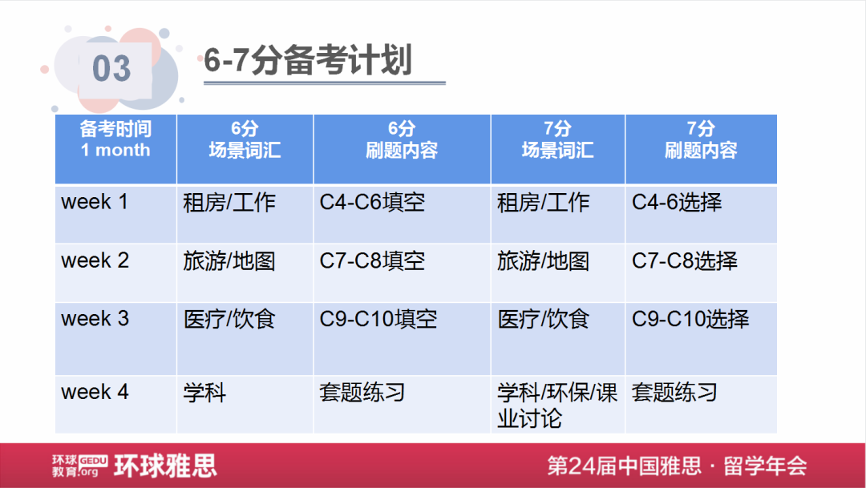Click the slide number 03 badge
point(111,69)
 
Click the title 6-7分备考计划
point(307,62)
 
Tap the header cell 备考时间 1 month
point(115,139)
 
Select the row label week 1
point(95,202)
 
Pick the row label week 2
point(95,260)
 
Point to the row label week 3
point(95,318)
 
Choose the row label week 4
point(95,392)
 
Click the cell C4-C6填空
point(372,202)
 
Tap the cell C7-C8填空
point(372,260)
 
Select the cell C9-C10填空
point(378,318)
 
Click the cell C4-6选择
point(677,202)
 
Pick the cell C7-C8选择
point(684,260)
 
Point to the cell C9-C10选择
point(690,318)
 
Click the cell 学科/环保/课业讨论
point(556,405)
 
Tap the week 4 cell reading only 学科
point(204,393)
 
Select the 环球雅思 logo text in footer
point(165,466)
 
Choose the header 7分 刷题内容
point(700,139)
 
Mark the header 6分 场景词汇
point(245,139)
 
